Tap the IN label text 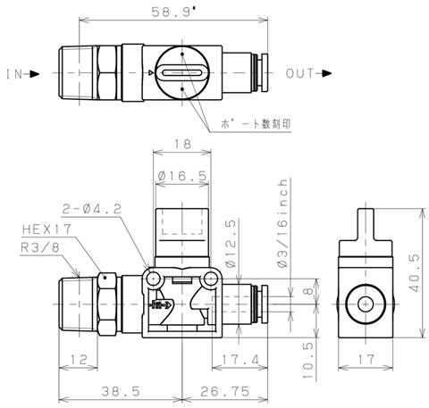point(14,74)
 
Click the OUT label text point(300,73)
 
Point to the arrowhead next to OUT point(327,73)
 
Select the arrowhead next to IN point(35,74)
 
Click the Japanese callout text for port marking point(256,124)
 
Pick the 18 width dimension point(182,145)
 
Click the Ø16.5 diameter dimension point(182,176)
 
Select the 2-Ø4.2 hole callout point(92,209)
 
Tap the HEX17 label point(46,229)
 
